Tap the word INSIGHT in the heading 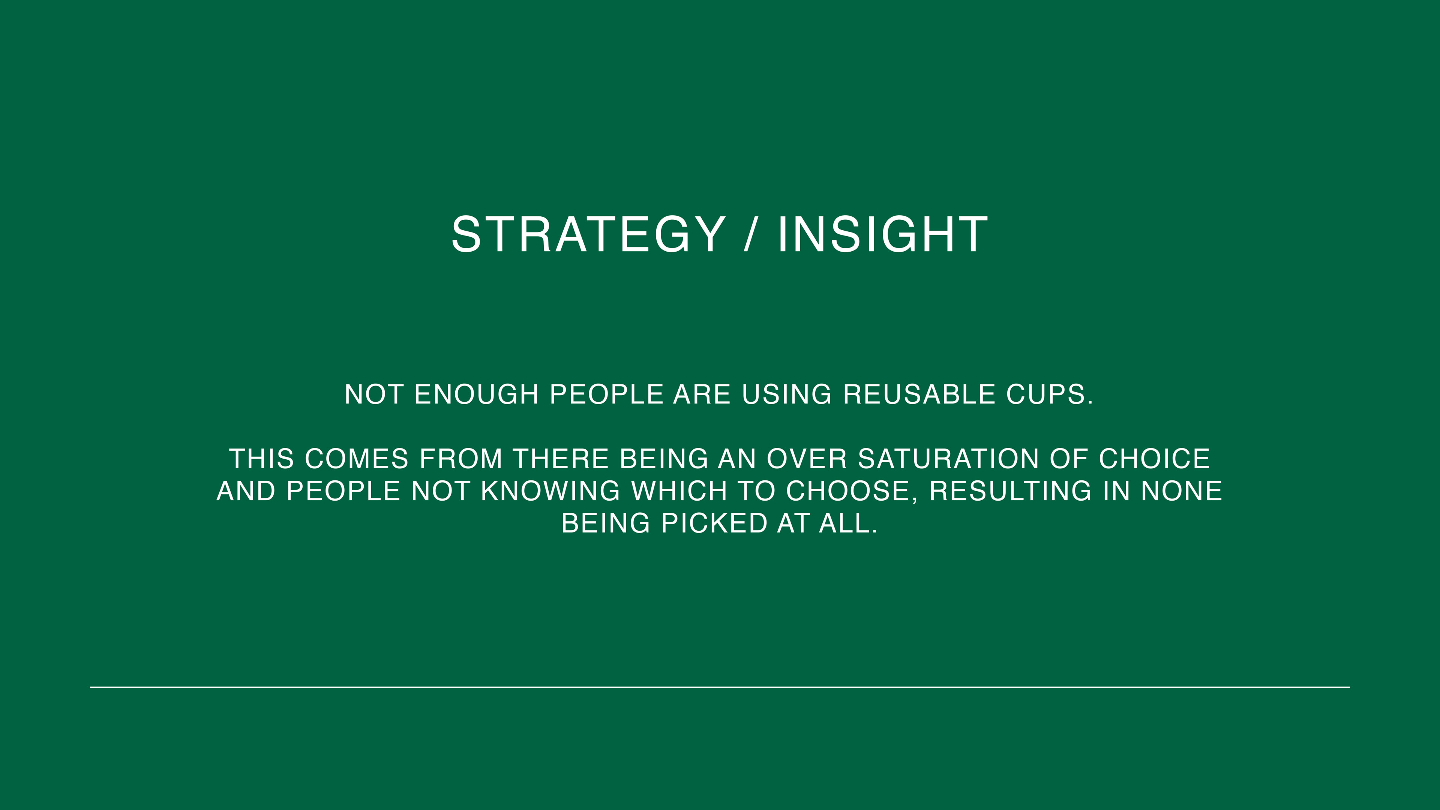pyautogui.click(x=883, y=234)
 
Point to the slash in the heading pyautogui.click(x=751, y=234)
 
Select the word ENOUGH pyautogui.click(x=476, y=394)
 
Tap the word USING pyautogui.click(x=786, y=394)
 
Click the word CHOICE pyautogui.click(x=1154, y=459)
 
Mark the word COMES pyautogui.click(x=357, y=459)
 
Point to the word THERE pyautogui.click(x=561, y=459)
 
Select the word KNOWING pyautogui.click(x=550, y=491)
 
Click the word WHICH pyautogui.click(x=679, y=491)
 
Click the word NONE pyautogui.click(x=1182, y=491)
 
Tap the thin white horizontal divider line pyautogui.click(x=720, y=687)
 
